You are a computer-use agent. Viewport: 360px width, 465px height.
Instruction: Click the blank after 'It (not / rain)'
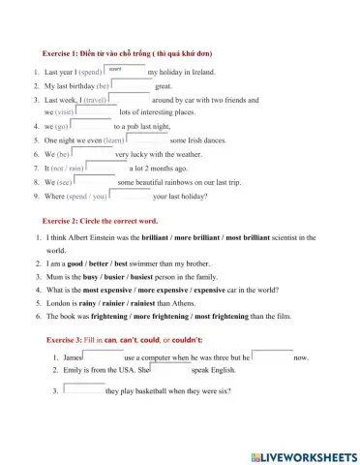[108, 168]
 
